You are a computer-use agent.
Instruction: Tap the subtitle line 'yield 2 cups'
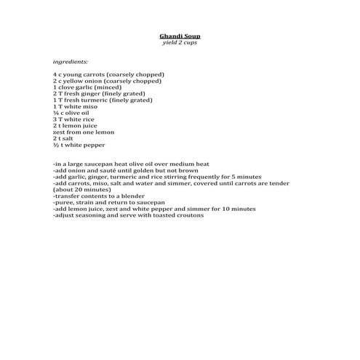[x=179, y=42]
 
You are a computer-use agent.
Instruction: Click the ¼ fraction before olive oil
[x=56, y=113]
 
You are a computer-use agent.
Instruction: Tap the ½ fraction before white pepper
[x=56, y=145]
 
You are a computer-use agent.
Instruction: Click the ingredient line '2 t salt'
[x=63, y=138]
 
